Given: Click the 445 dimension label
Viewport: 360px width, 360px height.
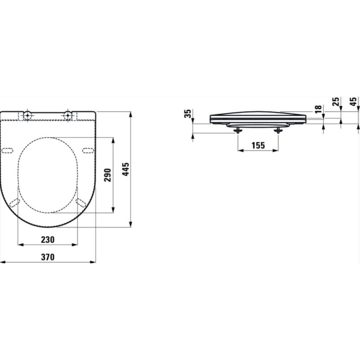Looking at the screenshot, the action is click(x=126, y=169).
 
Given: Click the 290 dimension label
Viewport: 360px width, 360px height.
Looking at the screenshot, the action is click(x=108, y=175).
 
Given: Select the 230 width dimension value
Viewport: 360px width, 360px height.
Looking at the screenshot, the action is click(x=48, y=240).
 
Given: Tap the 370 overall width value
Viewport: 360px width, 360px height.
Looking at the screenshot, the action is click(x=48, y=257).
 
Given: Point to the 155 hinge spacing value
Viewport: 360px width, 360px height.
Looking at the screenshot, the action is click(x=258, y=145).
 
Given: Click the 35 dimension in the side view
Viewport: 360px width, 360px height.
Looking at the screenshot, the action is click(x=188, y=113).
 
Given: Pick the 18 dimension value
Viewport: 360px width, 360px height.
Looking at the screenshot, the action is click(x=318, y=109).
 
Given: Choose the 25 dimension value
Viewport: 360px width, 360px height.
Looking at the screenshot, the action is click(x=336, y=102).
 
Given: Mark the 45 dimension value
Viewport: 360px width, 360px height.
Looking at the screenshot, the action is click(x=353, y=102).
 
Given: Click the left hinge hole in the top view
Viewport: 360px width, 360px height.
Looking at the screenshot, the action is click(x=27, y=115).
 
